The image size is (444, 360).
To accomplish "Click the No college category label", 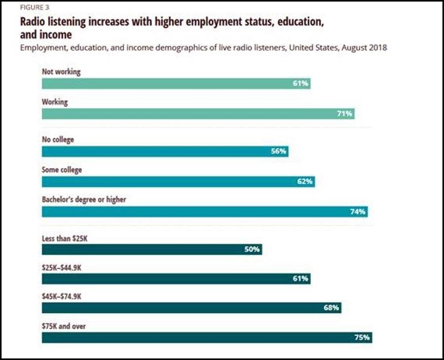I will [x=58, y=140].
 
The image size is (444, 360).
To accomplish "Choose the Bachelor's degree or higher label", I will [x=84, y=200].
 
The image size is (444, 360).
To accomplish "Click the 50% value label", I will [x=252, y=249].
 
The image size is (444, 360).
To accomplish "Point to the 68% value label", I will [x=332, y=308].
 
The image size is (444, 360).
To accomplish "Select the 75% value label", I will [x=362, y=338].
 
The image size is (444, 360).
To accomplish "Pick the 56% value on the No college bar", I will [x=279, y=152].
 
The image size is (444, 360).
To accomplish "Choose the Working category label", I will [x=55, y=102].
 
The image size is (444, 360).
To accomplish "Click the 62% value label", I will [x=305, y=182].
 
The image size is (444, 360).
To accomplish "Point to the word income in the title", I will [x=55, y=35].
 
